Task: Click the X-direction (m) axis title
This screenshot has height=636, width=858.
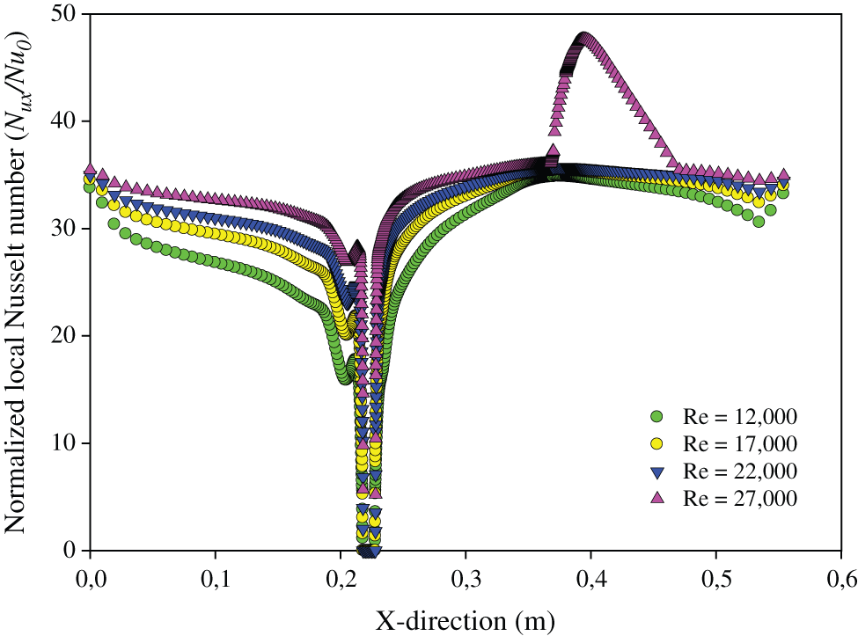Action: click(x=466, y=620)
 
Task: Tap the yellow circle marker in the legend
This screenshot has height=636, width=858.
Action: click(x=656, y=442)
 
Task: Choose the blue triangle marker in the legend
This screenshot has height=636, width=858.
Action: click(x=656, y=471)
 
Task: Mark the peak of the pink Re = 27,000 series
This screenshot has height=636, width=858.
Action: click(x=583, y=38)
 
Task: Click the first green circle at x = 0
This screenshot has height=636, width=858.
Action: click(x=90, y=186)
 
